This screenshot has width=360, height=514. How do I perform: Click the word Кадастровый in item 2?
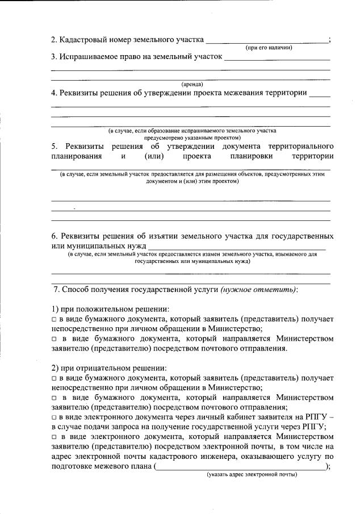click(81, 40)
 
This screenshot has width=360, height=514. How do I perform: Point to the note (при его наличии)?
click(269, 48)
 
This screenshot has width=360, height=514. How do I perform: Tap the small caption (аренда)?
click(192, 85)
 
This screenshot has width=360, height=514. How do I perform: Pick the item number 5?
click(53, 146)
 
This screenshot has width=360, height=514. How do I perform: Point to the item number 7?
click(56, 290)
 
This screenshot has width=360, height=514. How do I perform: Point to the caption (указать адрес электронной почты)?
click(252, 475)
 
